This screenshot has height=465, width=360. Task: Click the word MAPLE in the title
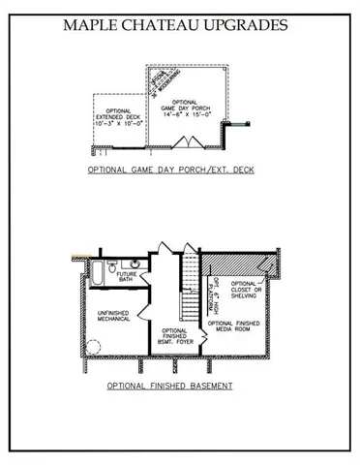tap(95, 26)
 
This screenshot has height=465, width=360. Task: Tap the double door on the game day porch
tap(184, 143)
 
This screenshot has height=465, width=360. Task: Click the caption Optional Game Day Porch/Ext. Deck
tap(170, 169)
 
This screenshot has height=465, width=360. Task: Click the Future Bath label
tap(127, 277)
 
